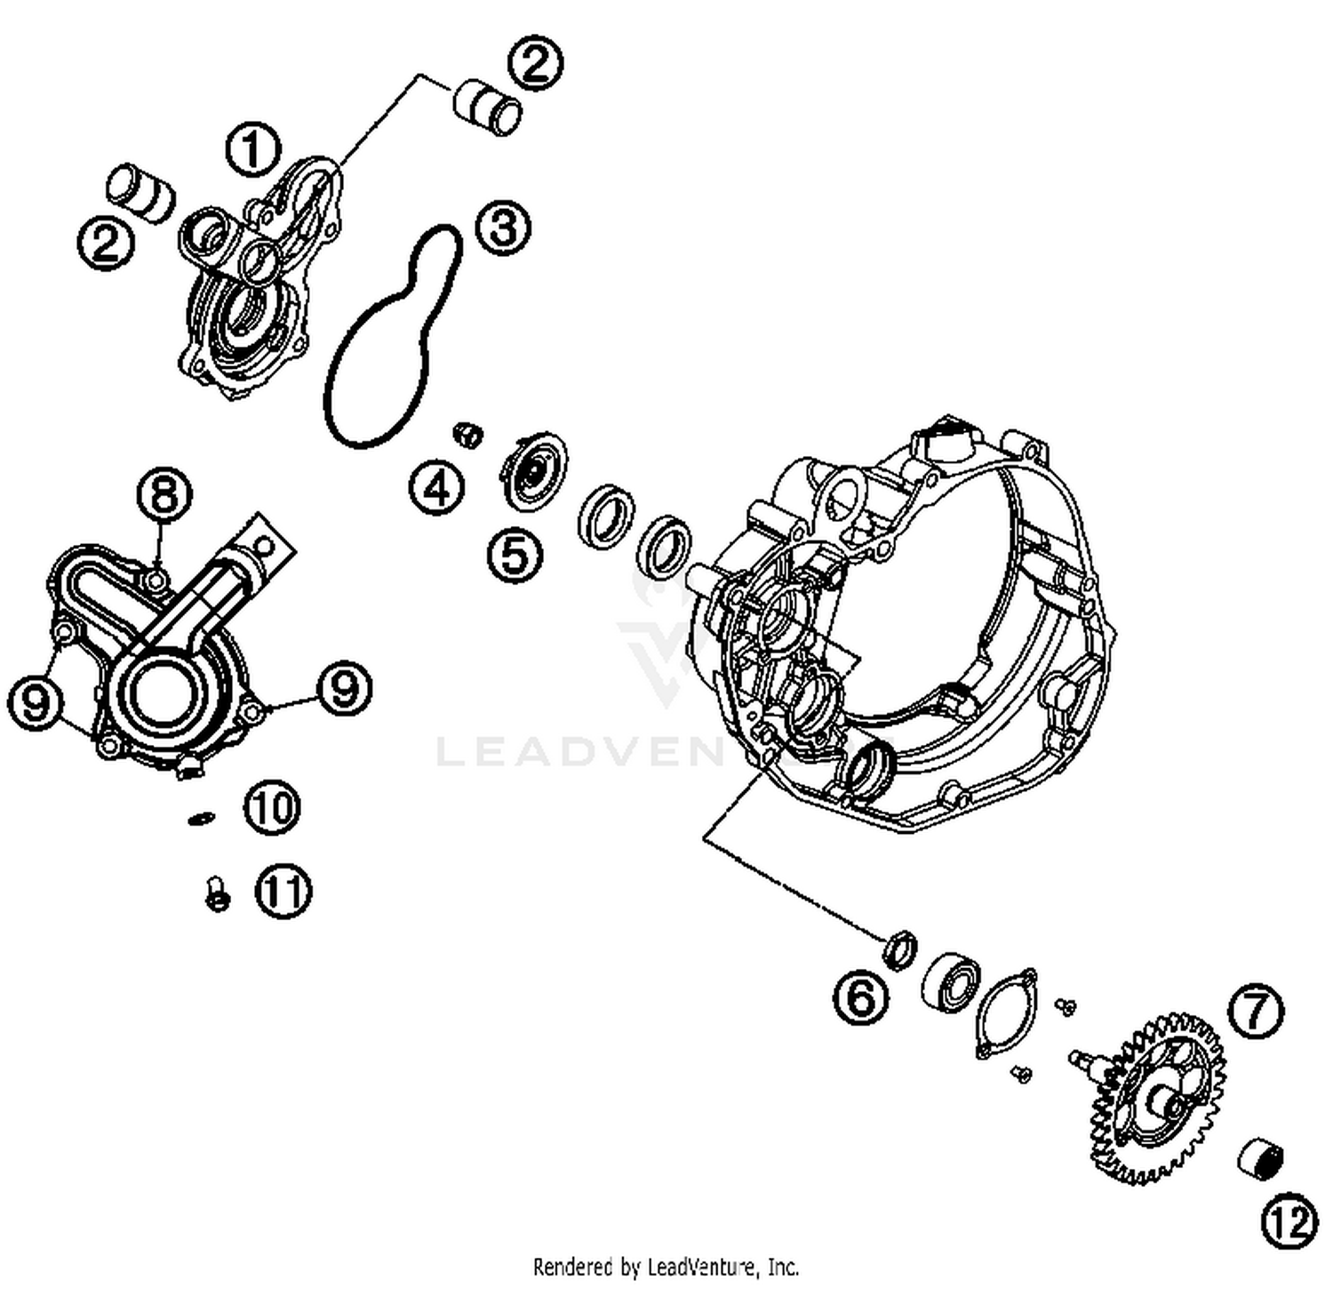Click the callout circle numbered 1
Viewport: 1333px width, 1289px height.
252,150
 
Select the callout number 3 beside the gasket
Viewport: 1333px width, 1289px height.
503,228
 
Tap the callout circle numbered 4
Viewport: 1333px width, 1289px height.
436,487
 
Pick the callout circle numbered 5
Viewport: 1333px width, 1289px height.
515,555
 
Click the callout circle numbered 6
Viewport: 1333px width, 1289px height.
861,997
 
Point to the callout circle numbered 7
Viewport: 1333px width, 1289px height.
1256,1011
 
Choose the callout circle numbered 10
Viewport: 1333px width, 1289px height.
274,807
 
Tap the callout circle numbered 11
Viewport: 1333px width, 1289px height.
284,892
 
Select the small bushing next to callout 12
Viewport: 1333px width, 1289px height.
1261,1159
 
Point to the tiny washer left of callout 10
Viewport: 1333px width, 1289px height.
202,817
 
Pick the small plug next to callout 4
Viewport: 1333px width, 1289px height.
467,435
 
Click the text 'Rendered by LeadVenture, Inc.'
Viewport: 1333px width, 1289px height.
666,1266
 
